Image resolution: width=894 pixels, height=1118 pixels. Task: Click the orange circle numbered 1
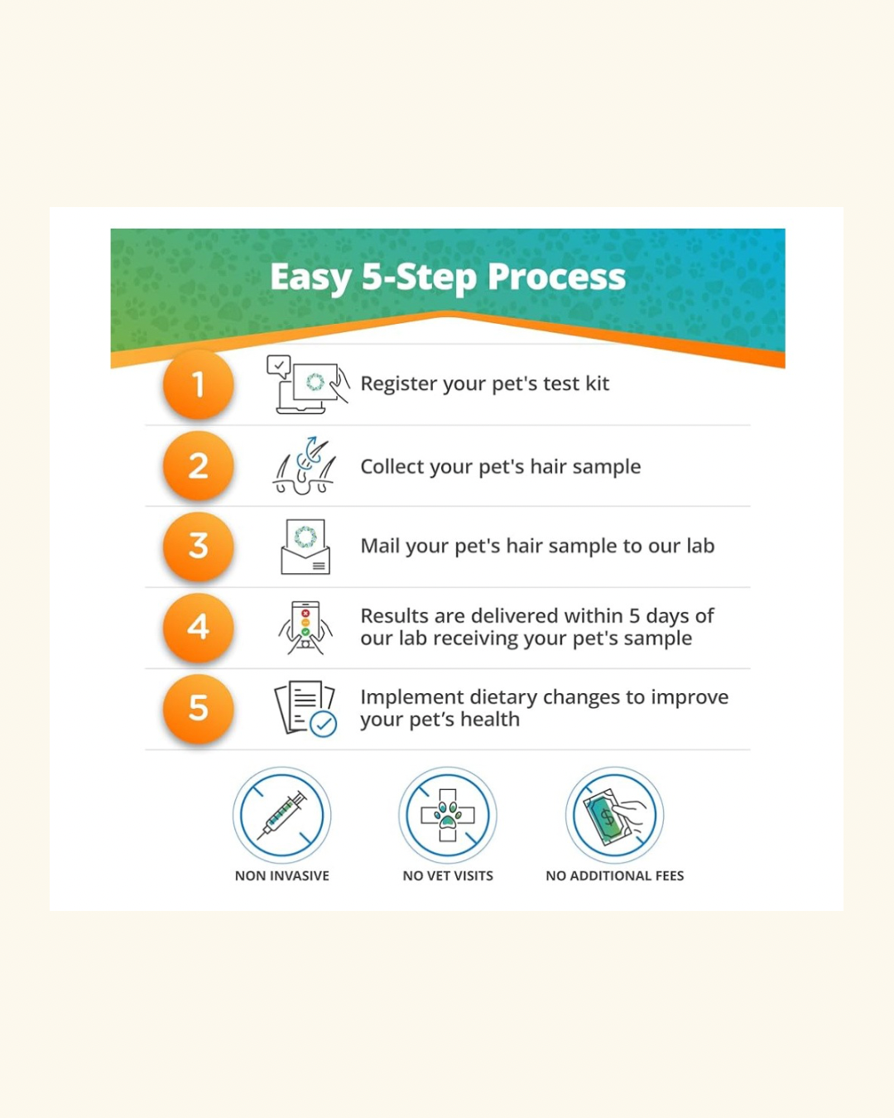coord(198,384)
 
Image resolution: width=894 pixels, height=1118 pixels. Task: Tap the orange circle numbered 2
coord(198,465)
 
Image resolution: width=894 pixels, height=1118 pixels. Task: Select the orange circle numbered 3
coord(198,547)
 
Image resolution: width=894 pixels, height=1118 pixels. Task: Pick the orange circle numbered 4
coord(198,628)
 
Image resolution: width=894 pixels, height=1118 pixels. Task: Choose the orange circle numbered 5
coord(198,709)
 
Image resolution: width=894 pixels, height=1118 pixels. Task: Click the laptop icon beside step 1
coord(308,384)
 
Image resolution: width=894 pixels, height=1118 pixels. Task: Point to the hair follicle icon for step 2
coord(305,465)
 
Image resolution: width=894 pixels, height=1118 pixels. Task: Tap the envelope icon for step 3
coord(305,547)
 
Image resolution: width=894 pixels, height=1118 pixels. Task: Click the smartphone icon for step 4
coord(305,628)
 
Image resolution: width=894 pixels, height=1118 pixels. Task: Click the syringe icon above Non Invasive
coord(282,815)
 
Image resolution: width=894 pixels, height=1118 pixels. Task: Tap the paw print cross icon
coord(448,815)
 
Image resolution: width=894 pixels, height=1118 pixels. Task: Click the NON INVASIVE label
coord(282,876)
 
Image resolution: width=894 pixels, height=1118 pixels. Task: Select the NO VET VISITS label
coord(448,876)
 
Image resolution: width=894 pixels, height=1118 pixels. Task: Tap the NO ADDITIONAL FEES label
coord(614,876)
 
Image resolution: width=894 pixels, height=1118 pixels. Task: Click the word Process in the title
coord(556,277)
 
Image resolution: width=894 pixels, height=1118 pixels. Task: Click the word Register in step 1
coord(400,384)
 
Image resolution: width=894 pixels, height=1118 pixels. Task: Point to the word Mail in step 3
coord(380,546)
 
